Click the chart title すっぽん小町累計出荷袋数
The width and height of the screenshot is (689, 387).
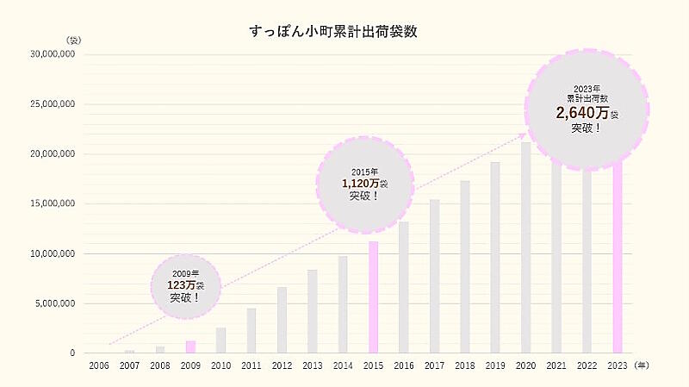333,32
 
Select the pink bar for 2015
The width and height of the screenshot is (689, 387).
373,297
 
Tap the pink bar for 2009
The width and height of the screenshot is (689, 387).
190,346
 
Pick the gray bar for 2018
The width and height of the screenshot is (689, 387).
465,267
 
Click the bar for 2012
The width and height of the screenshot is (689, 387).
282,320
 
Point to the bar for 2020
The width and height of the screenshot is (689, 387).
525,250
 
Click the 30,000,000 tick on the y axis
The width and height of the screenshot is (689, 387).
53,54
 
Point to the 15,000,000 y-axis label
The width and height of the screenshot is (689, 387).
53,203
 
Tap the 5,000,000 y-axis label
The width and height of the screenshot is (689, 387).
55,303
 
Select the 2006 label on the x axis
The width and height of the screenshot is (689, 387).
99,366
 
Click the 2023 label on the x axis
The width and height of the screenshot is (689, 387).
617,366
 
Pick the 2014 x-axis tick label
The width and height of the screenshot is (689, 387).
343,366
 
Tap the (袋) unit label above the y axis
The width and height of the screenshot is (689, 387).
72,41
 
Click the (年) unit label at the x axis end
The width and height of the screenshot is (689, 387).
642,365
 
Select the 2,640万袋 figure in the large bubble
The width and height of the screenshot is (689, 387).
586,113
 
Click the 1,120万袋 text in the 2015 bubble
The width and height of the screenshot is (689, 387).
365,184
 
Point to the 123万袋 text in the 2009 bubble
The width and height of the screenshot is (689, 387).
185,285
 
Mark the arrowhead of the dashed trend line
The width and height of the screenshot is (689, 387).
524,134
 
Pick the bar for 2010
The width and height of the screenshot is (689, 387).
220,340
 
